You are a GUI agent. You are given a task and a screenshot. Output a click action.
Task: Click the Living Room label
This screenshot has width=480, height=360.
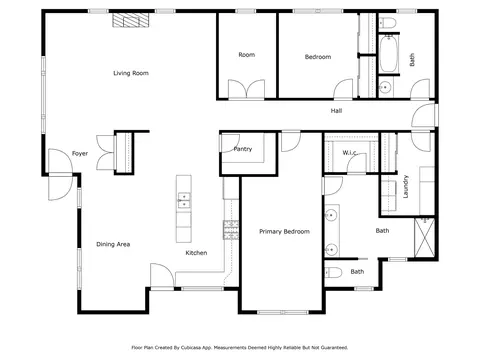pos(131,73)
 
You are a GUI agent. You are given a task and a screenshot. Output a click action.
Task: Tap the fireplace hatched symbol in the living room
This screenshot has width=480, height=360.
pos(130,20)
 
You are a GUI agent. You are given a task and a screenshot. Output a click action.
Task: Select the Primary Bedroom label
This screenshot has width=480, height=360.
pos(284,232)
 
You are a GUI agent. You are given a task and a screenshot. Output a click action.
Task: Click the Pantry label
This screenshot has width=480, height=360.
pos(243,149)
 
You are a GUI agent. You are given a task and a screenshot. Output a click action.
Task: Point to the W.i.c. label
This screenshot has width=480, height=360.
pos(350,153)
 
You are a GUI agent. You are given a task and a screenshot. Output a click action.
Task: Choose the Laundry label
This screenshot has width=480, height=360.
pos(406,187)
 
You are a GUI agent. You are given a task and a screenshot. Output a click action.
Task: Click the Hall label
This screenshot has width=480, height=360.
pos(336,111)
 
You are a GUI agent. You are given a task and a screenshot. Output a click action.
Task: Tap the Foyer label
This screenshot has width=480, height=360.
pos(80,154)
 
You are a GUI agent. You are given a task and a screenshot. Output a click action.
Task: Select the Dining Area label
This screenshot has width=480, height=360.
pos(113,244)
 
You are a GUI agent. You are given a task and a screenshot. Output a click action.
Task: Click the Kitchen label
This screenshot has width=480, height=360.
pos(196,253)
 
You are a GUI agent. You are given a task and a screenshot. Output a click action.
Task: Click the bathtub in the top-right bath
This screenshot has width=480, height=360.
pos(388,54)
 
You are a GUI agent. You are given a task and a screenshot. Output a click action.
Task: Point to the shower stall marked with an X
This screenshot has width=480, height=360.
pos(424,237)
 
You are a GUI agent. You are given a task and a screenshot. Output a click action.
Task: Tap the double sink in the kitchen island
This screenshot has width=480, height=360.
pos(184,200)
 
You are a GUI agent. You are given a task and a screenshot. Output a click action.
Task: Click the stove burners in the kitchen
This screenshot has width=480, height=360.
pos(231,230)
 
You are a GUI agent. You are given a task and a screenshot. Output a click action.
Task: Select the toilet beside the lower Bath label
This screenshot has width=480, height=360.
pos(333,273)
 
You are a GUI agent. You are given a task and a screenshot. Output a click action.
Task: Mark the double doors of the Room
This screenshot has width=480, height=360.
pos(246,89)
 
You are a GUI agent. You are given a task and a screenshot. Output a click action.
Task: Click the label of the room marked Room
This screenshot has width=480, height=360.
pos(247,55)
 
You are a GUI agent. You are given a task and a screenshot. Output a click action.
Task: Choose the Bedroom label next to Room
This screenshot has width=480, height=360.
pos(318,57)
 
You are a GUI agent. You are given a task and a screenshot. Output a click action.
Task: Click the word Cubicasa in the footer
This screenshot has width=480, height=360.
pos(191,348)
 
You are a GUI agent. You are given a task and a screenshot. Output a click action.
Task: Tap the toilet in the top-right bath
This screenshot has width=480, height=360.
pos(388,23)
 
